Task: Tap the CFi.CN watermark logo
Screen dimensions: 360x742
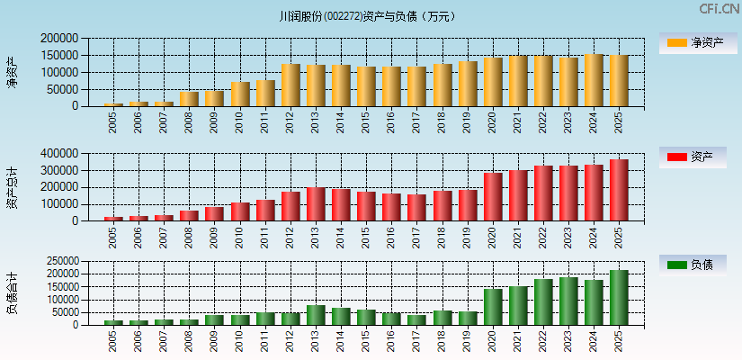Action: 719,9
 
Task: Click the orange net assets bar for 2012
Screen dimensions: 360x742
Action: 291,85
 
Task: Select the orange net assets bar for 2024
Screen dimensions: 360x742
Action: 593,80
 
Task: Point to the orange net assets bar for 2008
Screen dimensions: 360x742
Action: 189,99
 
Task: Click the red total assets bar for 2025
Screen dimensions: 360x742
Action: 618,190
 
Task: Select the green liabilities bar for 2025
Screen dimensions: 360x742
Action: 618,297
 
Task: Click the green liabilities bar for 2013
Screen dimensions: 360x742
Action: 316,315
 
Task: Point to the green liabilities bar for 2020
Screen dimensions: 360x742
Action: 492,307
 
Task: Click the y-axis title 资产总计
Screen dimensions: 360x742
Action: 13,188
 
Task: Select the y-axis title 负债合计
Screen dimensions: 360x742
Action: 13,293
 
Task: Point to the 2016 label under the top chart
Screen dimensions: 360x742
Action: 390,122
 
